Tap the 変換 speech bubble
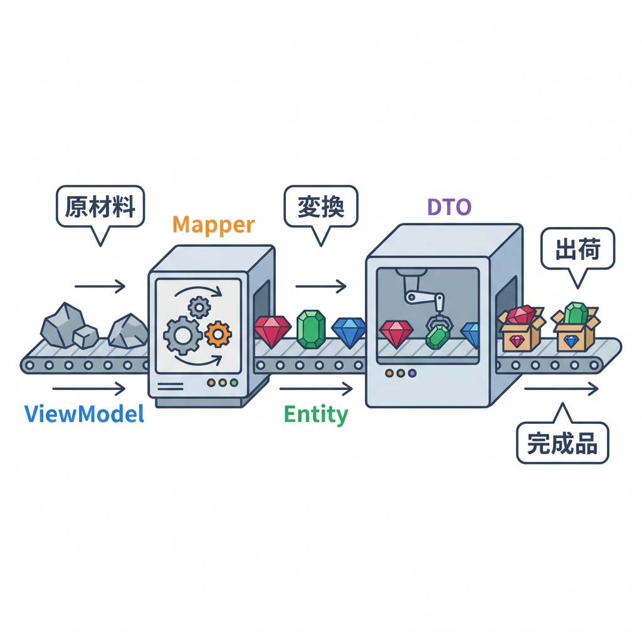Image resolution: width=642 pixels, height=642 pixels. [320, 206]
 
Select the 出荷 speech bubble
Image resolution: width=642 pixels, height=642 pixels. [578, 250]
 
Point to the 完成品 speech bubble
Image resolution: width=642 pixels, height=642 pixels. [562, 443]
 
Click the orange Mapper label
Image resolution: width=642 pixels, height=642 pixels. [213, 224]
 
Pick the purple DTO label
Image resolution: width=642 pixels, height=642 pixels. [449, 208]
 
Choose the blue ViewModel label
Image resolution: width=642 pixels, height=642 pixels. [85, 414]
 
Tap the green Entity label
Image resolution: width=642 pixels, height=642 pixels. [315, 414]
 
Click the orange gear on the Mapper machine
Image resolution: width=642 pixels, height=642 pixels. [218, 334]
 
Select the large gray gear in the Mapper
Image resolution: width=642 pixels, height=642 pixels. [182, 335]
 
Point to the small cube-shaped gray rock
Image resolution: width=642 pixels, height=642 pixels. [85, 337]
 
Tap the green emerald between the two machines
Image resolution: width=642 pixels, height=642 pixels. [310, 329]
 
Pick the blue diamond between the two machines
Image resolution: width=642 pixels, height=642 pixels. [349, 331]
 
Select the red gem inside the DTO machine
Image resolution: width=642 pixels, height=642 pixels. [396, 333]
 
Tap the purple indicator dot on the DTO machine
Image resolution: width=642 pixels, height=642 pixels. [412, 373]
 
